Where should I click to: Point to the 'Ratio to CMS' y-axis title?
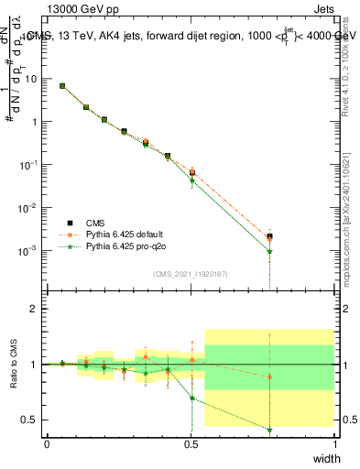coord(14,365)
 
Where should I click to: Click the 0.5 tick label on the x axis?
coord(191,444)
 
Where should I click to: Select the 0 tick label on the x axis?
coord(47,444)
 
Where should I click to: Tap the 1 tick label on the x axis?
coord(335,444)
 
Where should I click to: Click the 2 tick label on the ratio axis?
coord(35,309)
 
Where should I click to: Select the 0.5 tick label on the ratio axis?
coord(31,420)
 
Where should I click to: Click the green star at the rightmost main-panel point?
coord(269,251)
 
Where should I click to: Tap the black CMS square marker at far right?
coord(269,236)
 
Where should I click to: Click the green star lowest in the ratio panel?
coord(269,430)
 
